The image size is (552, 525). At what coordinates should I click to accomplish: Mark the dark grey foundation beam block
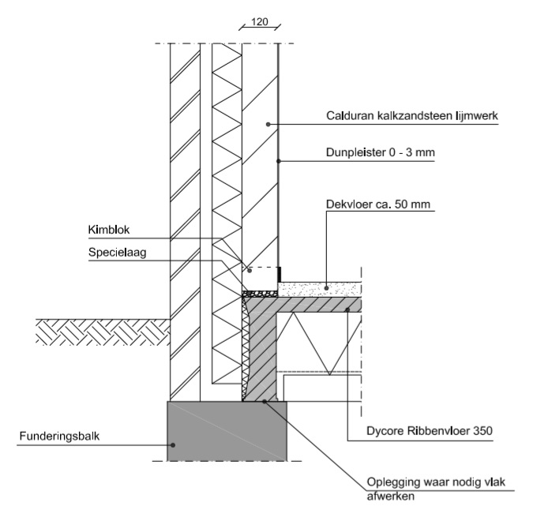click(226, 430)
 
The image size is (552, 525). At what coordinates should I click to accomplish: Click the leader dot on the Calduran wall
click(268, 124)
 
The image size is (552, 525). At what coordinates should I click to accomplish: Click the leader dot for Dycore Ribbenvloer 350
click(347, 310)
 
